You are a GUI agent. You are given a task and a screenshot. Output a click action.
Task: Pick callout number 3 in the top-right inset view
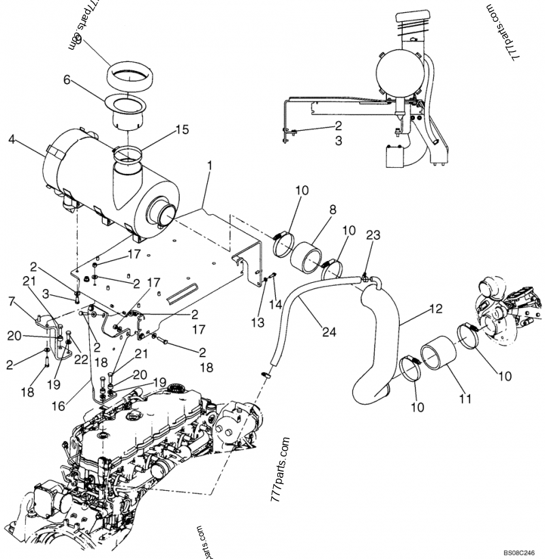[x=338, y=142]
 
